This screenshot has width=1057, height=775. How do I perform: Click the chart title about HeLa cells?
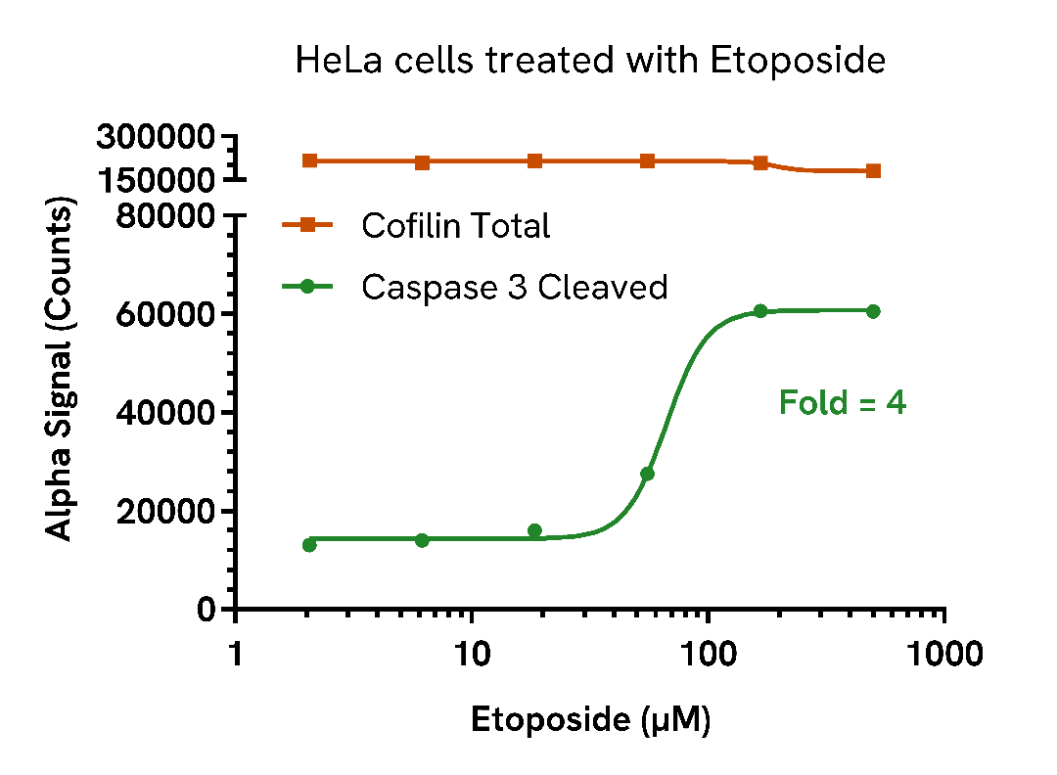[590, 62]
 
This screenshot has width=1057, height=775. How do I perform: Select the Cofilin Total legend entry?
[455, 226]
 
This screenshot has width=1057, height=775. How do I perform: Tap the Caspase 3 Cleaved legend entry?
[514, 287]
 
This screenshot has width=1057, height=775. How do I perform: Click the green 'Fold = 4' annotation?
[843, 402]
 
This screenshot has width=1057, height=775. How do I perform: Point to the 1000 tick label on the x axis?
[942, 654]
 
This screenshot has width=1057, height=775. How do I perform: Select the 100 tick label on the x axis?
[708, 654]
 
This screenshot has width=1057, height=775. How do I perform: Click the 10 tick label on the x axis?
[472, 654]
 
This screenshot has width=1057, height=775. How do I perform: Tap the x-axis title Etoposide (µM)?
[590, 720]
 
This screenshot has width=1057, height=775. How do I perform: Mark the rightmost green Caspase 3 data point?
[873, 311]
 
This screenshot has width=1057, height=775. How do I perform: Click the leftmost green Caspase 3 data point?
[309, 545]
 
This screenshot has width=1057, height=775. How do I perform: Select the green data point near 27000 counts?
[647, 474]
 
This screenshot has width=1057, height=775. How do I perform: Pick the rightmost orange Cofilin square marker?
[873, 171]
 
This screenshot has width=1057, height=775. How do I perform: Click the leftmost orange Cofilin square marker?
[309, 160]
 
